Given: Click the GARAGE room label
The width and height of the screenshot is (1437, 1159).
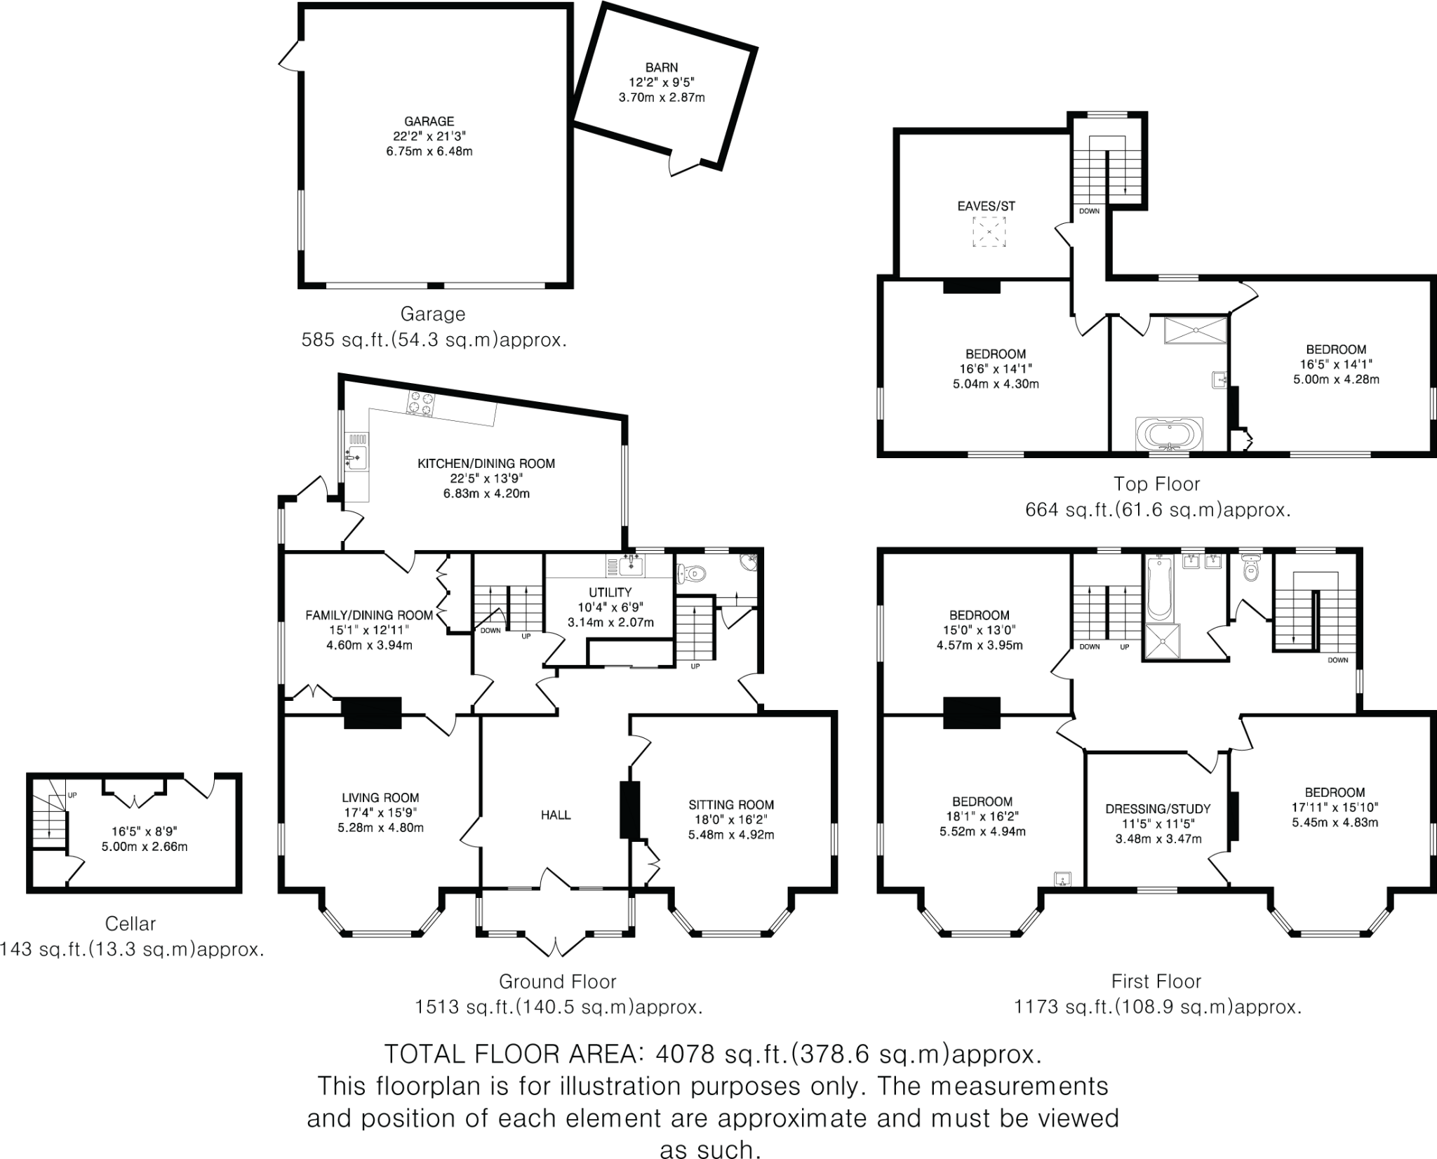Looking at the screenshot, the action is click(433, 121).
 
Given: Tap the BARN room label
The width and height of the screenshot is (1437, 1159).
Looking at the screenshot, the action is click(662, 68).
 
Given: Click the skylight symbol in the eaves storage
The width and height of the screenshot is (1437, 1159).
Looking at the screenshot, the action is click(989, 232).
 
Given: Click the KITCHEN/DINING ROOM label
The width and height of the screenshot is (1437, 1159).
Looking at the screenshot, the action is click(486, 463).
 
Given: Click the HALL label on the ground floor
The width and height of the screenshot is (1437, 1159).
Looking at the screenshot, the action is click(556, 815).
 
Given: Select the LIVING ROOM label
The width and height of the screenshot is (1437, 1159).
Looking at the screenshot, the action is click(381, 798).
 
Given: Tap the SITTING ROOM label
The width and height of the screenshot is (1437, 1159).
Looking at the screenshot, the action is click(731, 805).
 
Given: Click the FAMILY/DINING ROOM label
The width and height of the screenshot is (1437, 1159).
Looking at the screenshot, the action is click(368, 615).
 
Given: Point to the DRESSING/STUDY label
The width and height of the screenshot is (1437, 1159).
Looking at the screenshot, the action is click(1158, 808).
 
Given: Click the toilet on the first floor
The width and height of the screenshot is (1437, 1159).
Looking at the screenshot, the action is click(1251, 570).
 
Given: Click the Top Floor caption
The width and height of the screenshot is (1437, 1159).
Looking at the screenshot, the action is click(1158, 483).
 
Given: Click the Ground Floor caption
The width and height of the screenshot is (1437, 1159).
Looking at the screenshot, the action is click(558, 981).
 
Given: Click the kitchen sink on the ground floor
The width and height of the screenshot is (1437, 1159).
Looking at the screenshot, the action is click(356, 458).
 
